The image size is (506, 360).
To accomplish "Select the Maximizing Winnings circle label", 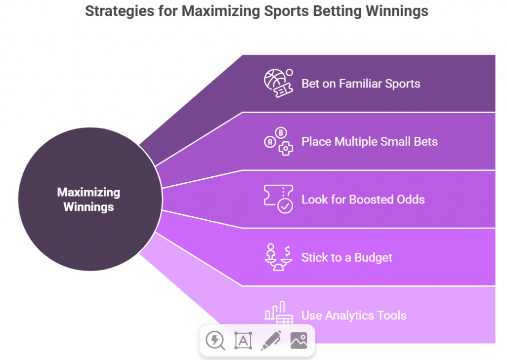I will point(88,200).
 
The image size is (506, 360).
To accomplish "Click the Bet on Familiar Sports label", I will point(361,83).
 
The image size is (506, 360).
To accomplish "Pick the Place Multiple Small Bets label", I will point(370,142).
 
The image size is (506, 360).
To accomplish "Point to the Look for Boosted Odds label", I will point(363,200).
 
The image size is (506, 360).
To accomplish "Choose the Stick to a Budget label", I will point(347,257).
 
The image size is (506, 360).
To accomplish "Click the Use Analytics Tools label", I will point(354,316).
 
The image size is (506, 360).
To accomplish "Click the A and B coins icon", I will point(278,141).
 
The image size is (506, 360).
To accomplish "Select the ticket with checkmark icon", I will point(278,199).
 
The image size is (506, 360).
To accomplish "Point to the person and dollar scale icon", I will point(278,257).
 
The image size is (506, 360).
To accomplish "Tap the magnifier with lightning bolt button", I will point(215,340).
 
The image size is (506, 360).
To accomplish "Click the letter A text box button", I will point(243,340).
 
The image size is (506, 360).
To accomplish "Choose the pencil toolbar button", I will point(271,340).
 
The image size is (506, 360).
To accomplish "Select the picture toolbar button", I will point(299,340).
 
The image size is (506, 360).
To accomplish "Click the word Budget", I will point(373,257).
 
